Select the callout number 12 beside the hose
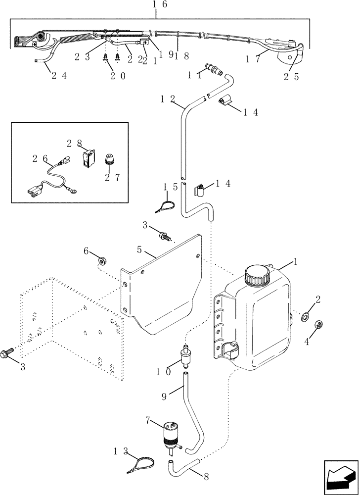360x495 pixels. click(166, 99)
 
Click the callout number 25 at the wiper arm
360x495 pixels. click(291, 77)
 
